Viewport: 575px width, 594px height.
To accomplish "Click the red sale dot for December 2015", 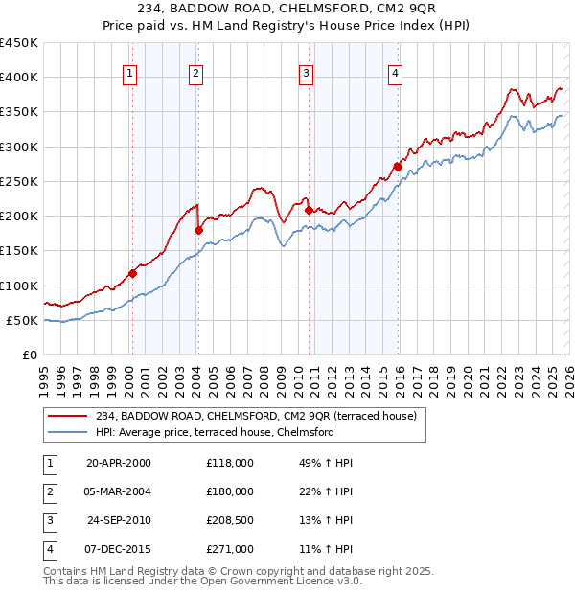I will pyautogui.click(x=398, y=167).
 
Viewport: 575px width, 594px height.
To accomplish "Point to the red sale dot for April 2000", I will pyautogui.click(x=133, y=273).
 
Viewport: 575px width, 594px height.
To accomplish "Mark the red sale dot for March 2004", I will pyautogui.click(x=198, y=230).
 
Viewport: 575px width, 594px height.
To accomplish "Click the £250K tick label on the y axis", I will pyautogui.click(x=19, y=181).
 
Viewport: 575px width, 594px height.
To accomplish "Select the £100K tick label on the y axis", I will pyautogui.click(x=19, y=286).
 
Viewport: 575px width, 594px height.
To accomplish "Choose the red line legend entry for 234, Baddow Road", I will pyautogui.click(x=256, y=417).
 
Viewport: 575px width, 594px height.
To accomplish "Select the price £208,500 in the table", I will pyautogui.click(x=230, y=520).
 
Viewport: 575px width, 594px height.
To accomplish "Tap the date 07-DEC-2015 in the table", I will pyautogui.click(x=119, y=549).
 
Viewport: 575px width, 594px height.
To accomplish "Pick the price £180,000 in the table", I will pyautogui.click(x=230, y=491).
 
